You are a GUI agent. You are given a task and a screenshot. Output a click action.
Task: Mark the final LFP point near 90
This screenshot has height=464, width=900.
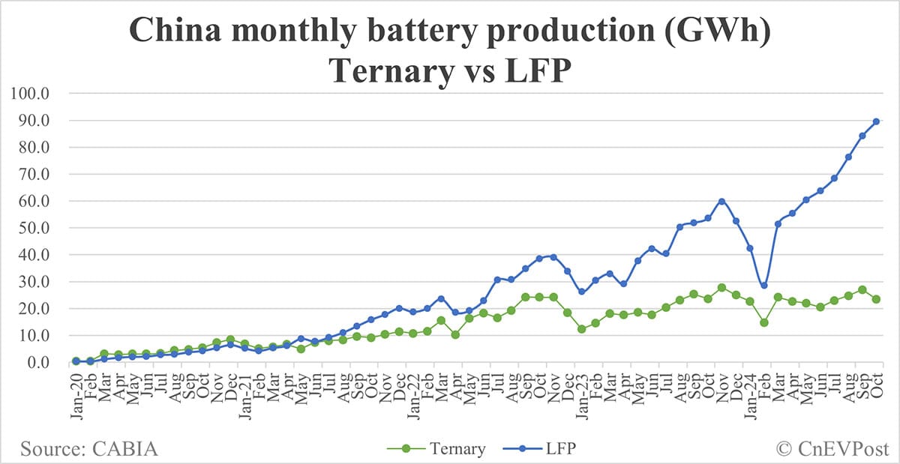876,121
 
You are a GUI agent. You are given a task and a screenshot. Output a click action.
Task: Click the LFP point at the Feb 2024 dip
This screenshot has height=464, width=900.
763,286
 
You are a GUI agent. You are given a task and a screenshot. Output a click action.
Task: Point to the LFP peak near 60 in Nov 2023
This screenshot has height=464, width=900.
721,201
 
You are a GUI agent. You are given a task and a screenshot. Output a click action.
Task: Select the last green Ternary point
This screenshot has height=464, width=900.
876,299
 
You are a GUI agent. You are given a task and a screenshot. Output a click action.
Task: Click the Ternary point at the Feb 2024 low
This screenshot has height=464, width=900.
763,322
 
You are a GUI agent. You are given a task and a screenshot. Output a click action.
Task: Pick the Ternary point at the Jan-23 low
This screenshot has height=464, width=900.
581,329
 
